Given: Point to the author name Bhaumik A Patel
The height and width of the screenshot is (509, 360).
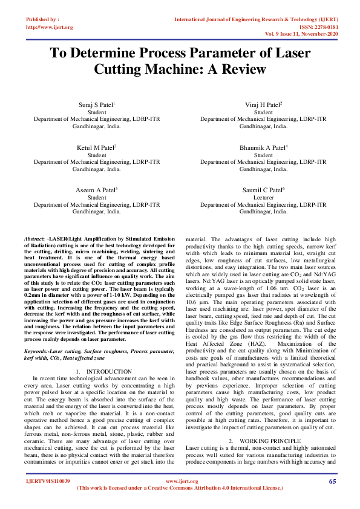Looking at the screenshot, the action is point(263,148).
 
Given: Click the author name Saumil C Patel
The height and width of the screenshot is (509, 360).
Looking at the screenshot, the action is point(263,190).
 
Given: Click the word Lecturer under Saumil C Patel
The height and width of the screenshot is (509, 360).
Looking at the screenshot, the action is point(263,198).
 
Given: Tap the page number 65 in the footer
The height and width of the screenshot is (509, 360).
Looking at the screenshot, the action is point(332,481).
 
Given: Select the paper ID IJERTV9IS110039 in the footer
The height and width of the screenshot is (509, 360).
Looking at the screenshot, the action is point(48,482).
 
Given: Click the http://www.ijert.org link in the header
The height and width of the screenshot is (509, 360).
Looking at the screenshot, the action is point(50,27).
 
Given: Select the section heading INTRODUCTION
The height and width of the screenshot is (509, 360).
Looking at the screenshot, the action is point(109,371).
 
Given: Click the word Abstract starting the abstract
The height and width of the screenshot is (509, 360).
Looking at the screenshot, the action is point(33,241).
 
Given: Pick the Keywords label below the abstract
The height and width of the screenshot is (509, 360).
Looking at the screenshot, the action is point(36,351).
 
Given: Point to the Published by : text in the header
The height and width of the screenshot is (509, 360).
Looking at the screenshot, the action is point(42,20).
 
